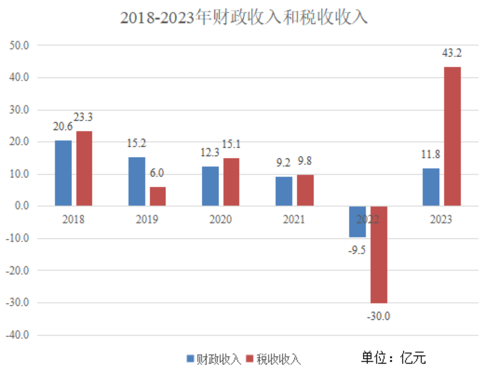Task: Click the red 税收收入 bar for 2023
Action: [452, 136]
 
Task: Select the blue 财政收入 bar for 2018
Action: [63, 173]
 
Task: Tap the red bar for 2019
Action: [158, 196]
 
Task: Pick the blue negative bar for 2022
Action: [357, 222]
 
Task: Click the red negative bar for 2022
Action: [379, 254]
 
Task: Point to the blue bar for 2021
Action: [284, 191]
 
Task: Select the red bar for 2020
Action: [231, 182]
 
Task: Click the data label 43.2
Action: [452, 53]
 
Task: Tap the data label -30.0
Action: [378, 316]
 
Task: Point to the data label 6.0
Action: [157, 173]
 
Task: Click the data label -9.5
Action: [357, 250]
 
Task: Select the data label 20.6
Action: [62, 127]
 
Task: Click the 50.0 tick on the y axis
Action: [19, 46]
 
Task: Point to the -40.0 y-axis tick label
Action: [17, 335]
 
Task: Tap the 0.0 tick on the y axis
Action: [22, 206]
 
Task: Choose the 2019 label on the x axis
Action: [147, 219]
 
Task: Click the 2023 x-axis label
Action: [441, 219]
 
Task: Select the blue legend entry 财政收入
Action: [214, 359]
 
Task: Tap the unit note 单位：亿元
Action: [393, 358]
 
